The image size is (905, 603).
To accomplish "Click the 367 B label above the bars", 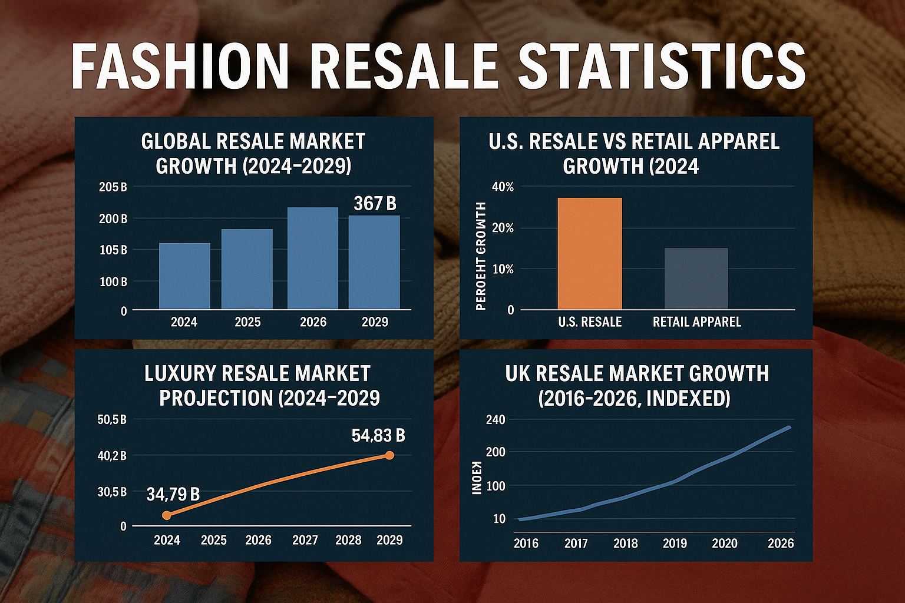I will click(375, 204).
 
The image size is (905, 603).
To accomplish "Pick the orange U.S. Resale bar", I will click(590, 253).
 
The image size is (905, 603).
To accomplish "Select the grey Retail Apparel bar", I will click(696, 279).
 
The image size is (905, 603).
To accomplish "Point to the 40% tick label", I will click(502, 187).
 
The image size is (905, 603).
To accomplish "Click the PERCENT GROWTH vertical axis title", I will click(481, 256).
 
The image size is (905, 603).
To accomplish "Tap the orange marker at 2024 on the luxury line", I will click(167, 515).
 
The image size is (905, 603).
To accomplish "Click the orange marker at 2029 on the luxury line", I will click(389, 455).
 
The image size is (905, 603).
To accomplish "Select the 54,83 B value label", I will click(378, 436).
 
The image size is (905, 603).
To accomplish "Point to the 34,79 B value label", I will click(173, 495).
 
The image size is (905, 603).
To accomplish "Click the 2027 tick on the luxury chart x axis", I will click(305, 540).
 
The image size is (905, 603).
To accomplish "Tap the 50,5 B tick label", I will click(112, 420).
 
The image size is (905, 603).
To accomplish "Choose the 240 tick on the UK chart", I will click(496, 420).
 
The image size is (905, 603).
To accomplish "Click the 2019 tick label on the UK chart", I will click(675, 543).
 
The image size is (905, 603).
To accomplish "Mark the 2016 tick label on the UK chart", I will click(526, 543).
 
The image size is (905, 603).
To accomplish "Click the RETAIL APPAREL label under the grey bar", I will click(696, 322).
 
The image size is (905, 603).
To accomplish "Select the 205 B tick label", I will click(113, 187).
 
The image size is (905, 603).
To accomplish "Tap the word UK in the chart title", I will click(519, 373).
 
